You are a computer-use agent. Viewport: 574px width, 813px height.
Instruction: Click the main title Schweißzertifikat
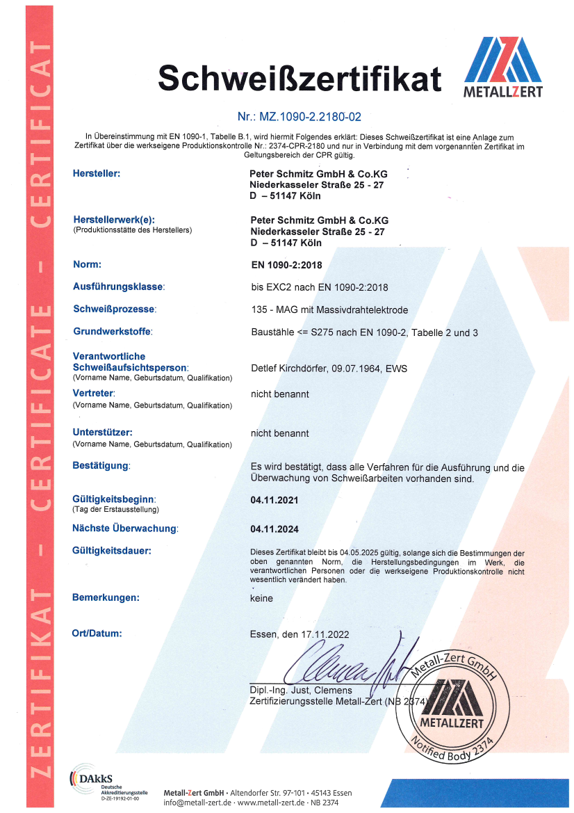[x=300, y=77]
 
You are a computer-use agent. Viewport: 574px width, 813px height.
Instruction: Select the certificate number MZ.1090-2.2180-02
[x=300, y=117]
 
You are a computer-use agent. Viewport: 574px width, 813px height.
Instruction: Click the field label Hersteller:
[x=97, y=173]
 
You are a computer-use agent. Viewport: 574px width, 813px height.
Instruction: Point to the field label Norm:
[x=88, y=264]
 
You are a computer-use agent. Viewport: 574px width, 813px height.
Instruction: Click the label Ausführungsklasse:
[x=119, y=287]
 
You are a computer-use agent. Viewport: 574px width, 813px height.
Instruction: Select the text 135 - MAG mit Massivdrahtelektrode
[x=329, y=309]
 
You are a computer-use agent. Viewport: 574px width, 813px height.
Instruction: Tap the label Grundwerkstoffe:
[x=112, y=332]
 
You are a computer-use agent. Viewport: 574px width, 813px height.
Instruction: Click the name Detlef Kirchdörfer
[x=288, y=368]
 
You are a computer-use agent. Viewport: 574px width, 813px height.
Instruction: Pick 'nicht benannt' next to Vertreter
[x=279, y=394]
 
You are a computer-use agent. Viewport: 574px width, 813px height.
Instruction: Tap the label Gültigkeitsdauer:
[x=112, y=551]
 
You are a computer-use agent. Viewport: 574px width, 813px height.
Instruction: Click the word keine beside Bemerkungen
[x=261, y=598]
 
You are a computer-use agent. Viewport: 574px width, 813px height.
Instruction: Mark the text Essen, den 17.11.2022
[x=300, y=634]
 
